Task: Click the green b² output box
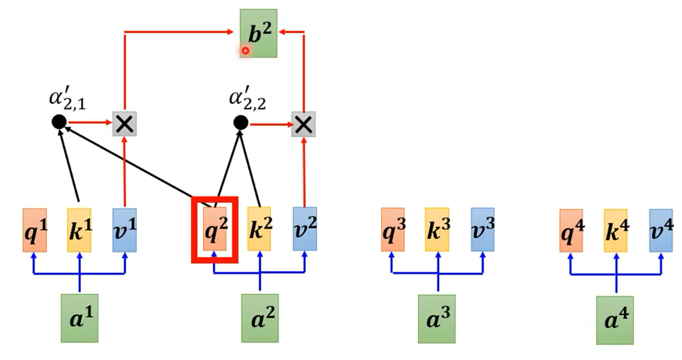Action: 259,33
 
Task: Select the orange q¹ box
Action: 35,230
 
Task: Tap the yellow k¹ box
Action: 79,230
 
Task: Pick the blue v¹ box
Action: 124,230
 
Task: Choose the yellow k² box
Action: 260,229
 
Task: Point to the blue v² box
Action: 305,229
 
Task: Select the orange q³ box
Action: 393,229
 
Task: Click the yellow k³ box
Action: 437,229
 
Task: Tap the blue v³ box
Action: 482,229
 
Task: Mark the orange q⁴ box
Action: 571,231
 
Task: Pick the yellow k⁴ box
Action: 616,231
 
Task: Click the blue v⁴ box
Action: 661,231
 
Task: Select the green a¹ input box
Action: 79,318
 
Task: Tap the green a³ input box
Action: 437,319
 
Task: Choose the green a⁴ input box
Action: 615,320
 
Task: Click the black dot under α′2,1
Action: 59,121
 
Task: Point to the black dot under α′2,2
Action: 241,122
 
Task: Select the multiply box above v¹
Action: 125,123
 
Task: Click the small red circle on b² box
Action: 245,51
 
